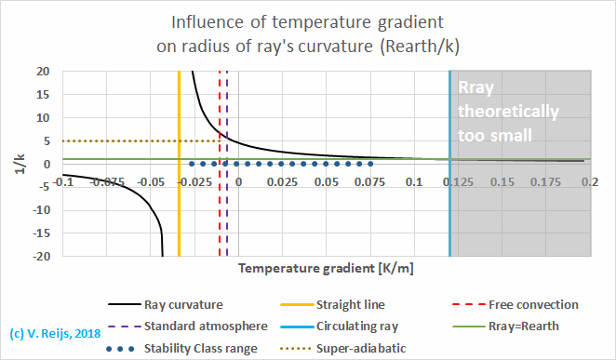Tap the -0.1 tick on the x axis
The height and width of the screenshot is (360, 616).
coord(62,181)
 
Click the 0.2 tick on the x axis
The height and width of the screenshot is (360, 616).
coord(589,181)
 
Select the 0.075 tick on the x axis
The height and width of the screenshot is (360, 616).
coord(369,181)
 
